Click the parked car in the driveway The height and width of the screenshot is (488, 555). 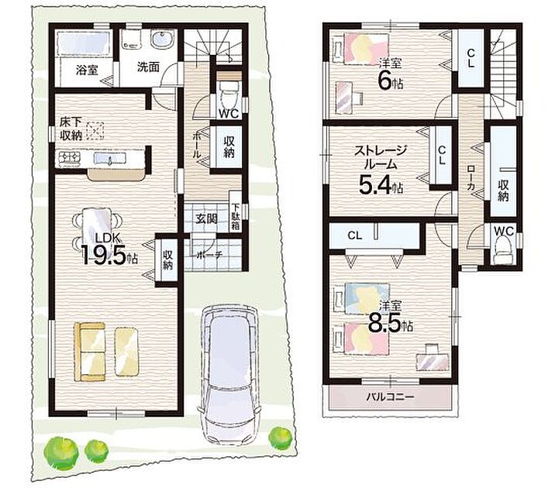coord(230,373)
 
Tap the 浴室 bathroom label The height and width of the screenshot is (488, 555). coord(87,70)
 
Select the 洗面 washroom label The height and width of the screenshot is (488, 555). coord(148,67)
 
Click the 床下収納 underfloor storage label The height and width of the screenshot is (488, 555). coord(71,129)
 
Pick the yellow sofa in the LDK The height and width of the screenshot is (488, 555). coord(90,352)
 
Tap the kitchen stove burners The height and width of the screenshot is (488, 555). coord(70,158)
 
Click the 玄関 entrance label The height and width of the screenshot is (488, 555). coord(207,219)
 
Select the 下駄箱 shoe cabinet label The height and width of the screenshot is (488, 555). coord(236,217)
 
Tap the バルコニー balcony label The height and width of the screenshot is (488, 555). coord(390,397)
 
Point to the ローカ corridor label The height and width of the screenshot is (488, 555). coord(470,179)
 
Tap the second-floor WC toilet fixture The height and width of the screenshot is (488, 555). coord(504,249)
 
